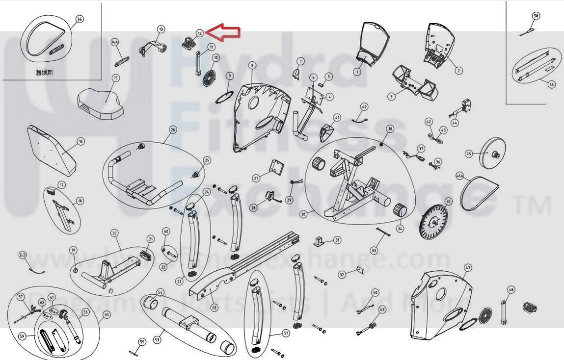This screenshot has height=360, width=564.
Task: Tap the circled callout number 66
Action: pos(80,19)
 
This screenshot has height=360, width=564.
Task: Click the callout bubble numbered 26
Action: pos(173,130)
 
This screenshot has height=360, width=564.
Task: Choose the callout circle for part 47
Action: pos(468,268)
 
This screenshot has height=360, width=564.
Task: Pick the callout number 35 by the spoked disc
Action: pos(448,202)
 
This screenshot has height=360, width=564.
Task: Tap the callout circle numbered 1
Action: pos(357,72)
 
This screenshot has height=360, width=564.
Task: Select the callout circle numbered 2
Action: pos(458,71)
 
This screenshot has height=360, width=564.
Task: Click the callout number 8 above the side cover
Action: pos(252,65)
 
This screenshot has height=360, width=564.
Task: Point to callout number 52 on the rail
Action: pos(214,308)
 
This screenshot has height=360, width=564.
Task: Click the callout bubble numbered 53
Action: pos(158,339)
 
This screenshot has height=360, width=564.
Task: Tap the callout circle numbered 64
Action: pos(552,84)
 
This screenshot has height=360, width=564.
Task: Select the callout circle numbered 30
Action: pos(303,214)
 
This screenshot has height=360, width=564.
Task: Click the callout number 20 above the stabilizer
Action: pos(114,233)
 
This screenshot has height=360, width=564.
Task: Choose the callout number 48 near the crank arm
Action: pos(511,290)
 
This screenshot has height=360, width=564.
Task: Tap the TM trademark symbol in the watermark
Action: pos(532,206)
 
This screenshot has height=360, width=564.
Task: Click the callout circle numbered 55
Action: pos(142,341)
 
